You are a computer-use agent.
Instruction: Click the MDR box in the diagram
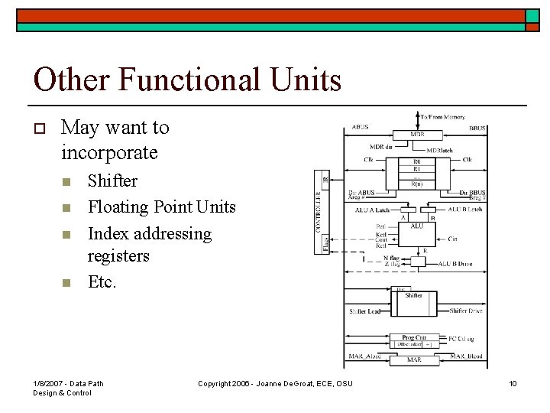[417, 135]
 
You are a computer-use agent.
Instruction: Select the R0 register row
[416, 162]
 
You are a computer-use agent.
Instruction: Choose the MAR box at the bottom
[413, 359]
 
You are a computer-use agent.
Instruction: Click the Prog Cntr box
[413, 337]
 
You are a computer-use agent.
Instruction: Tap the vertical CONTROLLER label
[319, 212]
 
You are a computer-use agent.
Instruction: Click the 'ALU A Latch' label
[372, 210]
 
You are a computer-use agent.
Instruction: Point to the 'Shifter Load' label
[364, 312]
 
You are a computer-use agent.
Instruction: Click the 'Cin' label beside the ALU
[452, 239]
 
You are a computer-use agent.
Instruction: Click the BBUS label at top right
[478, 127]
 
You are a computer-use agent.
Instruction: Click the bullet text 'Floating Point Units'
[162, 206]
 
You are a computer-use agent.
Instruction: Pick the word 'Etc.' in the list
[102, 282]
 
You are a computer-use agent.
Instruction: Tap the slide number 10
[513, 383]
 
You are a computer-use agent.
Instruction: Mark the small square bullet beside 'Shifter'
[66, 182]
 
